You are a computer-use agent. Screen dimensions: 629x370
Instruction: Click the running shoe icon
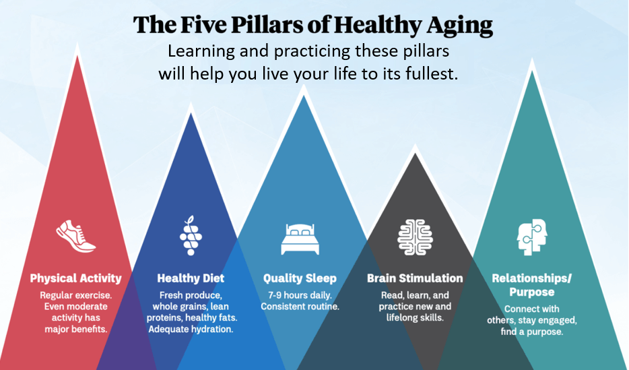(76, 236)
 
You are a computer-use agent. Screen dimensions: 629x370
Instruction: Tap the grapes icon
(191, 236)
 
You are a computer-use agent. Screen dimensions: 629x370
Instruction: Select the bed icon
(300, 239)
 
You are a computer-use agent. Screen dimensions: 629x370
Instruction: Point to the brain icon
(415, 237)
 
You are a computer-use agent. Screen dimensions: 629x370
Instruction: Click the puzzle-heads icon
(532, 237)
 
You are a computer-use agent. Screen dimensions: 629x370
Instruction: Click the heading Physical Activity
(76, 278)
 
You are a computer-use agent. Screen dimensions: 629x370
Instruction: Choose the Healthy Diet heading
(191, 278)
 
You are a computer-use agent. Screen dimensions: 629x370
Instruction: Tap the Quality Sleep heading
(300, 278)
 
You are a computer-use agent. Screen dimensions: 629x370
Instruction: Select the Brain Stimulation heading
(415, 278)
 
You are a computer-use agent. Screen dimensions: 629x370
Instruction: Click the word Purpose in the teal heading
(532, 292)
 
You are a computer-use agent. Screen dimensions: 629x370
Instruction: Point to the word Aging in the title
(459, 25)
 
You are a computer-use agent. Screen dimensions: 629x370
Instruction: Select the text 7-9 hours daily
(300, 295)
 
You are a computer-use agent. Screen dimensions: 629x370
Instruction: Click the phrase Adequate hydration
(191, 330)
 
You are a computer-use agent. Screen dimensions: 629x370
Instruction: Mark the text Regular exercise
(76, 295)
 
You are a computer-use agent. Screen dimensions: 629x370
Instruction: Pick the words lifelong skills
(415, 318)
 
